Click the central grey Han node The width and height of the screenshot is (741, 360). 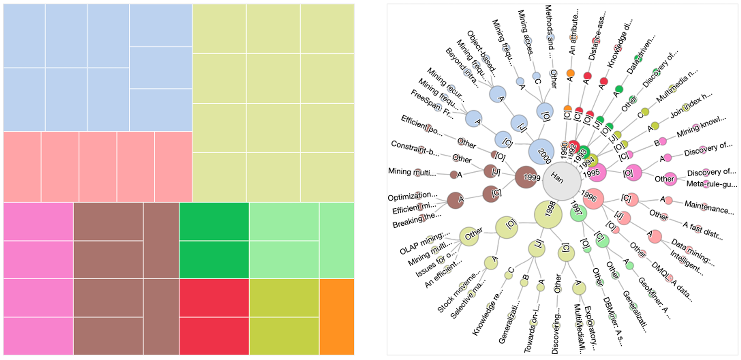[x=561, y=181]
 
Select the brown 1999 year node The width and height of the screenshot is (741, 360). [x=526, y=177]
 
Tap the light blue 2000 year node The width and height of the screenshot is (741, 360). [x=541, y=152]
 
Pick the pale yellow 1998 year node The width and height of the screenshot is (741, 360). [x=548, y=214]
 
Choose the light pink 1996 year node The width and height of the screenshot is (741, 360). [x=593, y=199]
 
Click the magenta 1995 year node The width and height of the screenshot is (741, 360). [x=596, y=172]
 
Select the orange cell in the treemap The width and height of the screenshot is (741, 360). [x=337, y=316]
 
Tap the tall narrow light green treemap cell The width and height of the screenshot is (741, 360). [x=337, y=240]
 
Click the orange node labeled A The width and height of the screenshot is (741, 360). [x=570, y=73]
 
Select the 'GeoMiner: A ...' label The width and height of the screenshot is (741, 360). [x=654, y=298]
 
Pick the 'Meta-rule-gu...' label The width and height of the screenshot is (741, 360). [x=711, y=184]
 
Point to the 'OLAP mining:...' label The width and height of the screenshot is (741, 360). [x=424, y=243]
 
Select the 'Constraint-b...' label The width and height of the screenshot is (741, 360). [x=415, y=148]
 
